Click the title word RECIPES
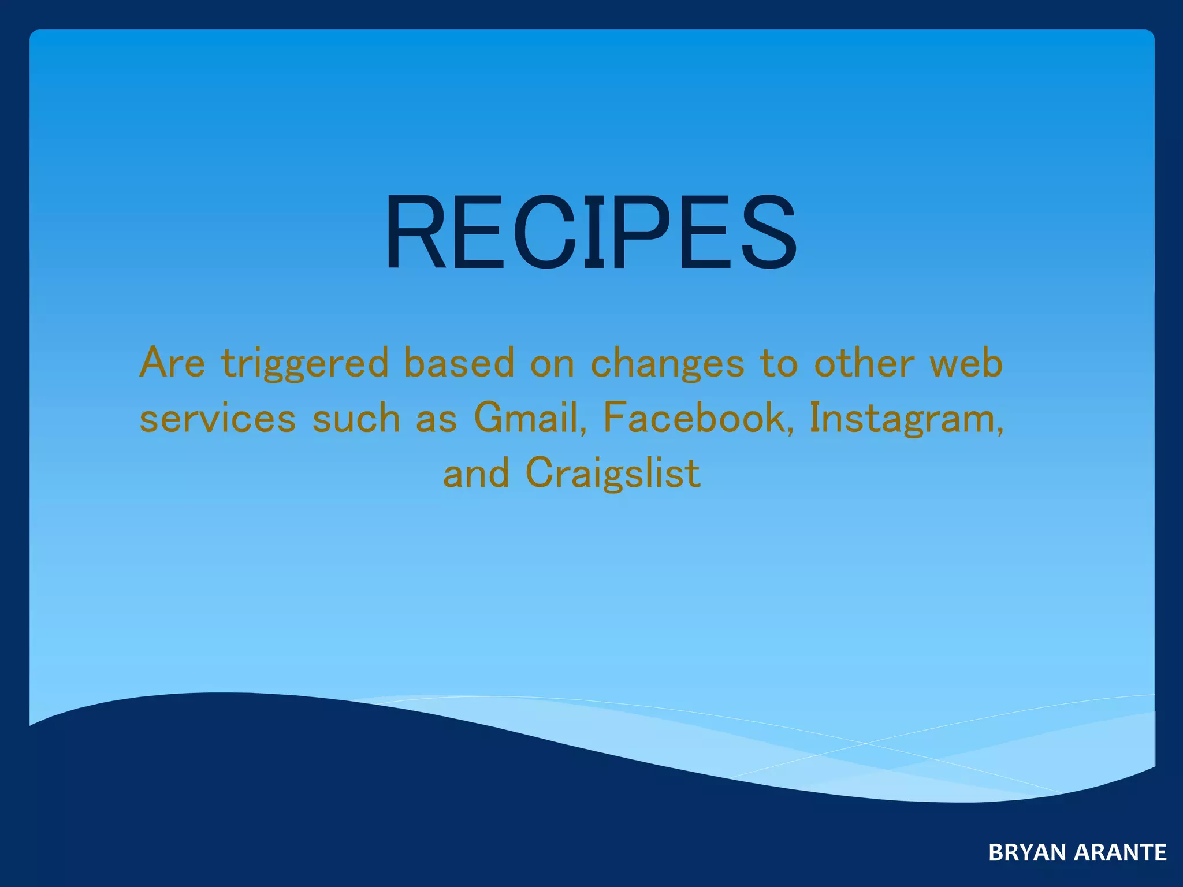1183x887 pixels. [x=590, y=232]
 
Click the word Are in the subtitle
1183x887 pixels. [x=172, y=363]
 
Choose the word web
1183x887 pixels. [x=966, y=363]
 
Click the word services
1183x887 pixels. [x=218, y=418]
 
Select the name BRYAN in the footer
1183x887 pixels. [x=1026, y=852]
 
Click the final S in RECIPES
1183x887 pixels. [x=769, y=232]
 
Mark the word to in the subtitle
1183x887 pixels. [x=778, y=363]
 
